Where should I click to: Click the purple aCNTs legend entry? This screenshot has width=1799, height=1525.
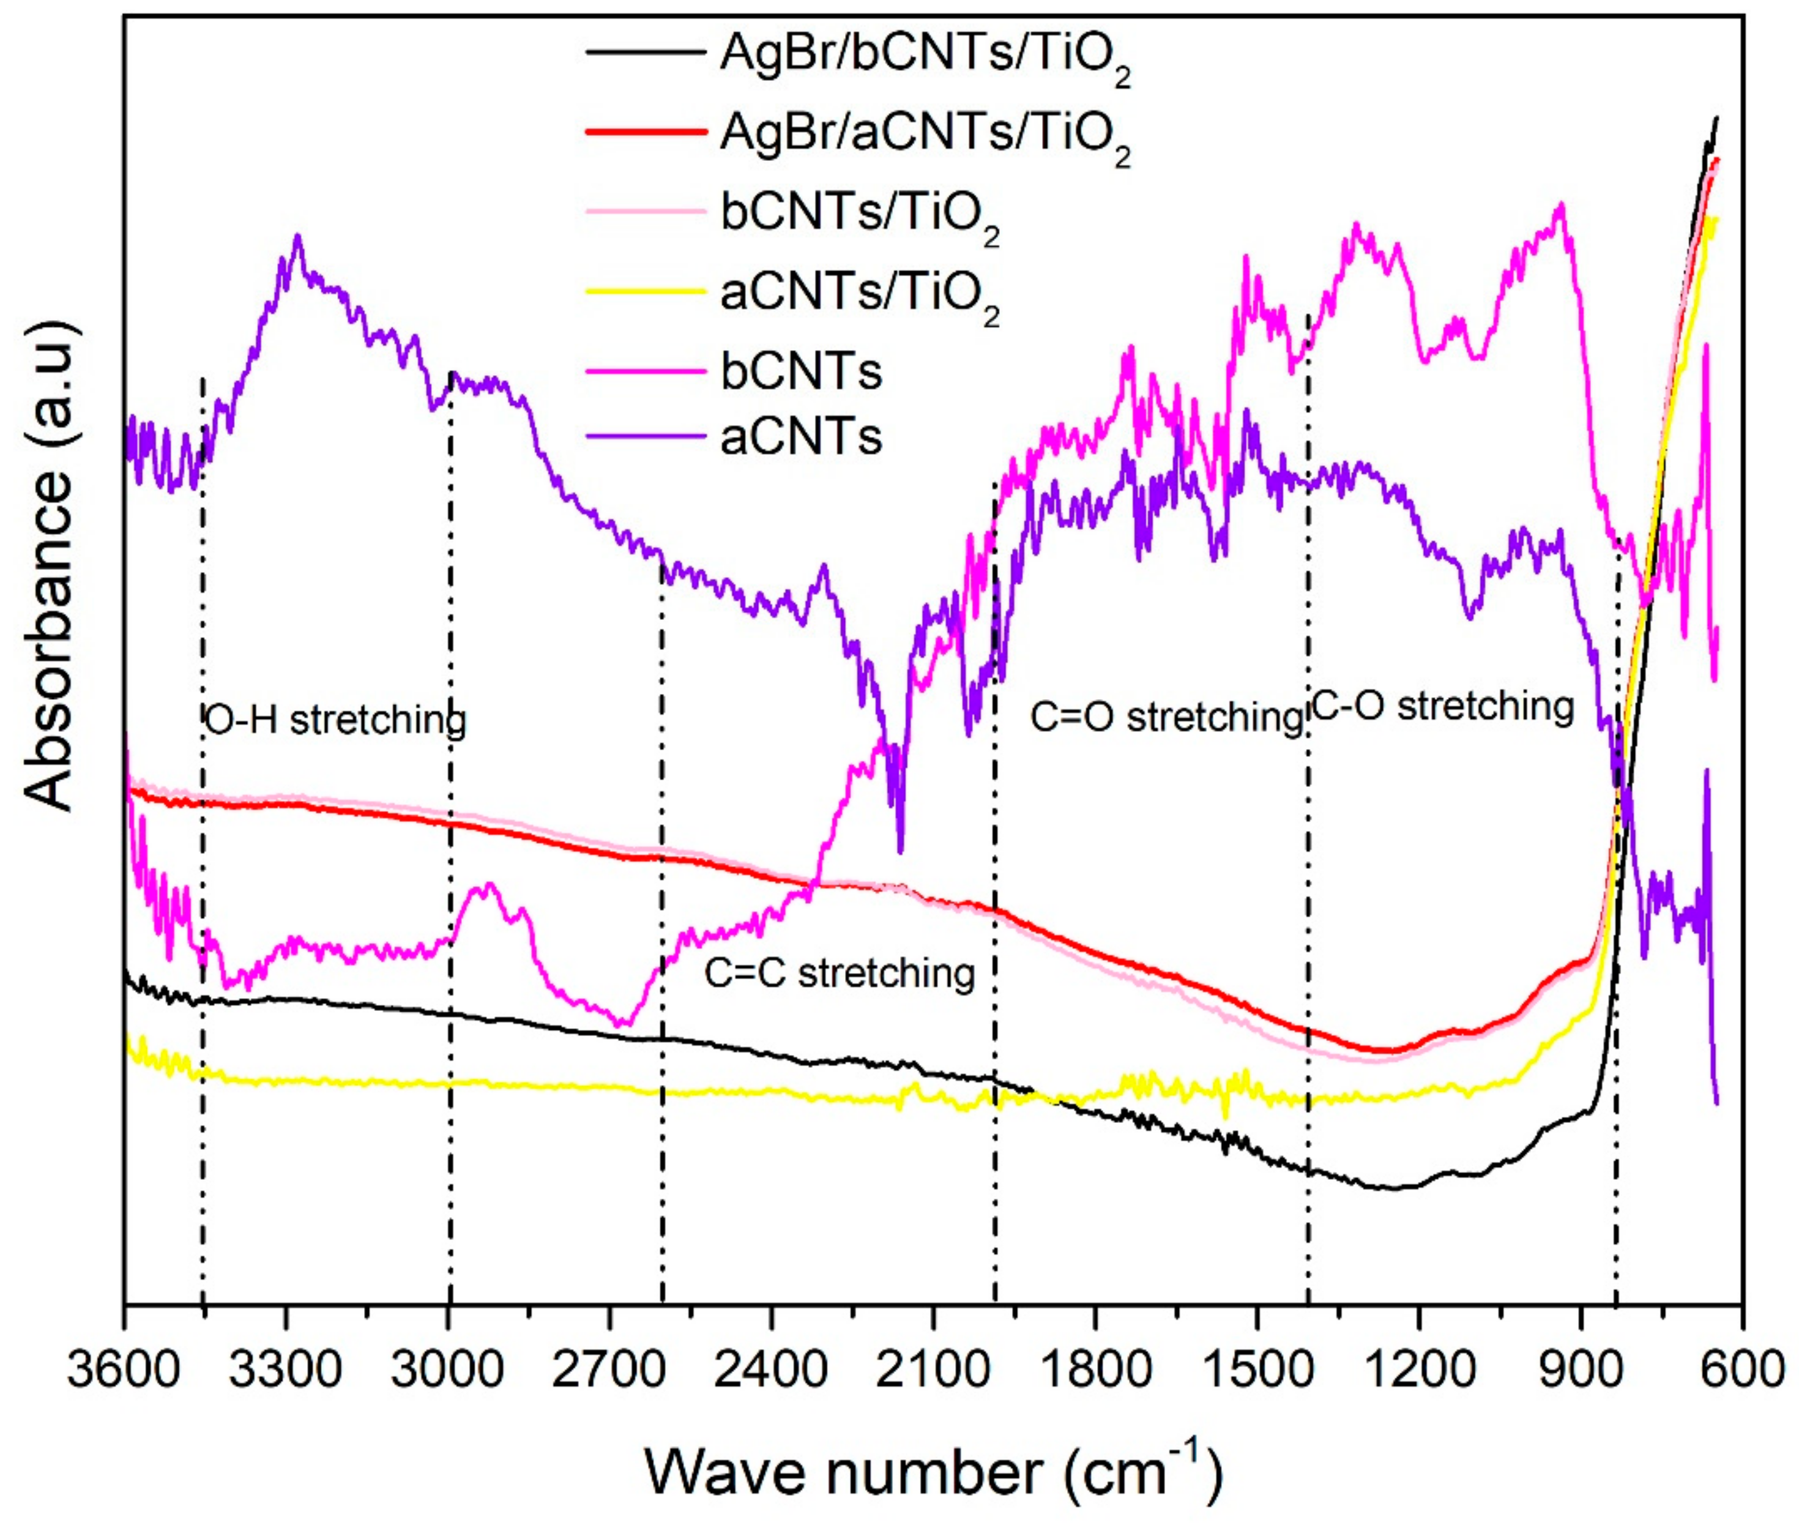pyautogui.click(x=800, y=436)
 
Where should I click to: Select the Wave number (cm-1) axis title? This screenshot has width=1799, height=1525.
pyautogui.click(x=934, y=1471)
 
